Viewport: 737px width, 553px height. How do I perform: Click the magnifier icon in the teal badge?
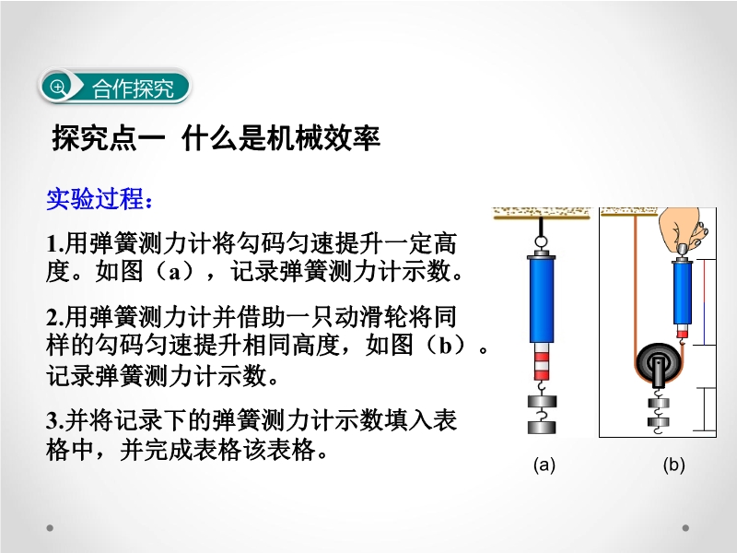pos(58,87)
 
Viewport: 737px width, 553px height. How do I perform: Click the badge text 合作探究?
pos(133,88)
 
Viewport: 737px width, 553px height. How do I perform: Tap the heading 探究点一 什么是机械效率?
pos(216,138)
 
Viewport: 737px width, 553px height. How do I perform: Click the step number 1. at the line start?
pos(54,243)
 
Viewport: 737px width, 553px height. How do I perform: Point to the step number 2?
pos(54,317)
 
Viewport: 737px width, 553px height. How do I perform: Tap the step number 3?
pos(54,420)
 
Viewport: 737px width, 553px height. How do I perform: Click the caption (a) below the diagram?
pos(544,465)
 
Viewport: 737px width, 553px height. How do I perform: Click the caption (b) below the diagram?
pos(673,465)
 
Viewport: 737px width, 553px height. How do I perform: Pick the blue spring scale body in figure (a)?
pos(542,300)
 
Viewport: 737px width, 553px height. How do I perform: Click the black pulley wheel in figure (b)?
pos(658,363)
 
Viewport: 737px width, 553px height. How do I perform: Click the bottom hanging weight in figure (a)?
pos(542,428)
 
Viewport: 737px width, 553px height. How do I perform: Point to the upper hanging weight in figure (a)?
pos(542,401)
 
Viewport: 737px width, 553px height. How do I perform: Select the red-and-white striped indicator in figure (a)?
pos(542,361)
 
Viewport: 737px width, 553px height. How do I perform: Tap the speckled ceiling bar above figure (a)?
pos(543,214)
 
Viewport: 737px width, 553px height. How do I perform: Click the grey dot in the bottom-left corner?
pos(50,528)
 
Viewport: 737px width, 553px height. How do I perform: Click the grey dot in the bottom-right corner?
pos(685,528)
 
